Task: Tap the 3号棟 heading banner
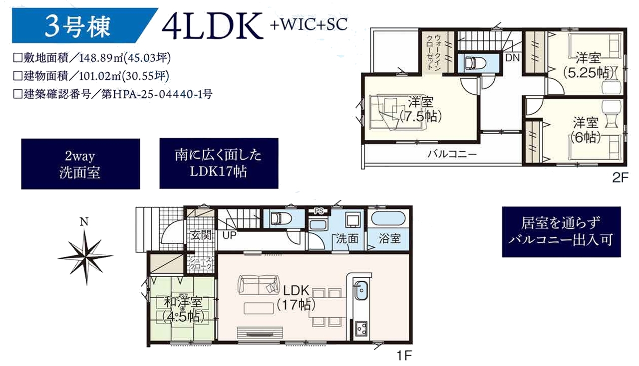click(x=85, y=25)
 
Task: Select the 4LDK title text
click(x=213, y=25)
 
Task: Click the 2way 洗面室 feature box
click(x=80, y=164)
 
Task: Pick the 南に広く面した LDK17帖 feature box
click(x=219, y=164)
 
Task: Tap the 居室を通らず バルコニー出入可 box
click(x=562, y=232)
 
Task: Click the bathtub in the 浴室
click(x=388, y=219)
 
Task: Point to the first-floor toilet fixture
click(x=281, y=219)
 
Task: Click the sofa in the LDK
click(x=259, y=285)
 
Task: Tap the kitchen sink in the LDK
click(x=361, y=290)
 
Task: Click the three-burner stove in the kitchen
click(x=361, y=330)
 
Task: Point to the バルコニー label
click(x=452, y=155)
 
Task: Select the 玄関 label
click(x=201, y=235)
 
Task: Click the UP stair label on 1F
click(x=229, y=236)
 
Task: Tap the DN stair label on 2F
click(x=512, y=58)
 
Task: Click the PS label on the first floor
click(x=319, y=211)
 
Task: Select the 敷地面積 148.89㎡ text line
click(x=92, y=58)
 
